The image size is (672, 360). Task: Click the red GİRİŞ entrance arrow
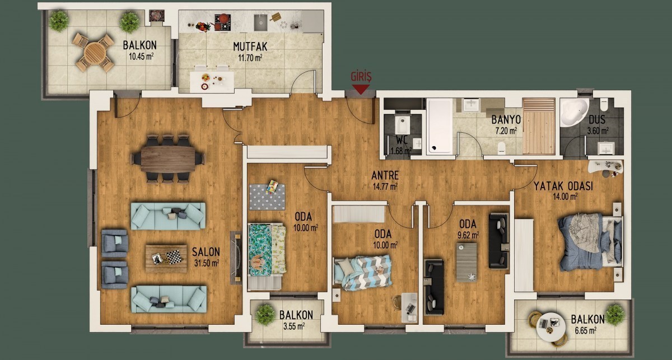pos(361,90)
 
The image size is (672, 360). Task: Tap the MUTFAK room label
pos(250,46)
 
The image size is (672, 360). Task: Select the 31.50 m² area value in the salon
pos(207,263)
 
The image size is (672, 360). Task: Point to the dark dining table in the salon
pos(167,159)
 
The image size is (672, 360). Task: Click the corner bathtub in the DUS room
pos(574,113)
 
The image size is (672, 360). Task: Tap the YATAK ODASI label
pos(563,186)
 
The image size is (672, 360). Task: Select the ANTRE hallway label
pos(385,175)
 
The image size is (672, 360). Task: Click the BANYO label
pos(506,120)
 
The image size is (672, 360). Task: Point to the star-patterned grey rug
pos(267,197)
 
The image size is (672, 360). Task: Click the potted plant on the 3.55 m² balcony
pos(265,315)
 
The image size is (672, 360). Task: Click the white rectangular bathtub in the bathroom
pos(439,127)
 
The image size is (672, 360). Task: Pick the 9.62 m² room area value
pos(468,236)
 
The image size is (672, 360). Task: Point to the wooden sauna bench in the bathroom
pos(539,127)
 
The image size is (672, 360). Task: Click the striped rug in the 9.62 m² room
pos(466,262)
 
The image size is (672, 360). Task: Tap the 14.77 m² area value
pos(385,186)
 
